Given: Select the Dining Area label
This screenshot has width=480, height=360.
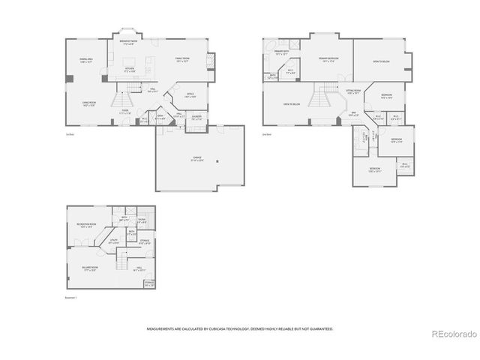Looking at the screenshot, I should (86, 60).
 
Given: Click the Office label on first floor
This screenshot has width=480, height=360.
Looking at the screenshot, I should (190, 95).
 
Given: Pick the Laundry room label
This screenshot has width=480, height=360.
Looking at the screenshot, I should (196, 117).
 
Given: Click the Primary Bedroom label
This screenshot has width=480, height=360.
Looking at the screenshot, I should (328, 58).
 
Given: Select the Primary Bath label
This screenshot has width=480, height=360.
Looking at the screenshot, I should (281, 52).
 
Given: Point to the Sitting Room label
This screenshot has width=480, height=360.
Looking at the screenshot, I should (353, 91).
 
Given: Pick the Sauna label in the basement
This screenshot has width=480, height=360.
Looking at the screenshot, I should (142, 220).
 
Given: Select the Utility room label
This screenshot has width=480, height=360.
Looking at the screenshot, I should (115, 241).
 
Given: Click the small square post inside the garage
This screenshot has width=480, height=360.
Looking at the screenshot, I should (217, 161).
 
